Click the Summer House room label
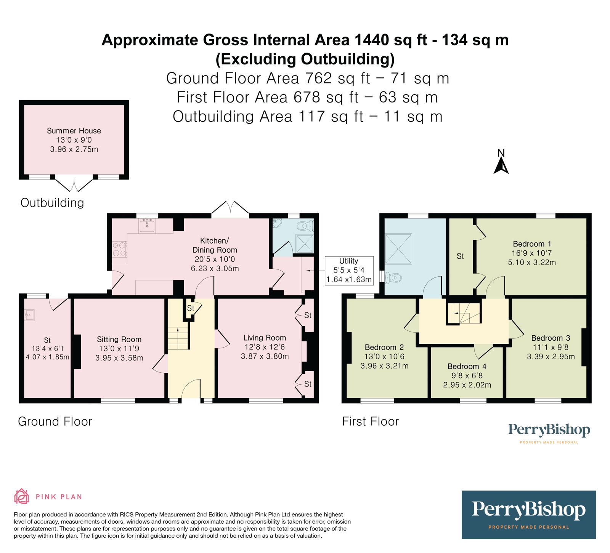(74, 131)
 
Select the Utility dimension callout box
(348, 270)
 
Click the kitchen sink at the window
(147, 226)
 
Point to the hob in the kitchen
(119, 249)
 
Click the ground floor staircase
(178, 338)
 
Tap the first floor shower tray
(399, 248)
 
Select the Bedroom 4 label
(467, 366)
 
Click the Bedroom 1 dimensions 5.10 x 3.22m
(532, 262)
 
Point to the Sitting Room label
(119, 339)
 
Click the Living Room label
(265, 338)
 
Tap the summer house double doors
(74, 185)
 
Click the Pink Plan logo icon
(22, 497)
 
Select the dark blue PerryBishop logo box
(528, 515)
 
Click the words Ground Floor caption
(55, 422)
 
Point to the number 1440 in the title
(372, 40)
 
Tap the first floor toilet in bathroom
(393, 277)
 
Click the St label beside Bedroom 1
(460, 256)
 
